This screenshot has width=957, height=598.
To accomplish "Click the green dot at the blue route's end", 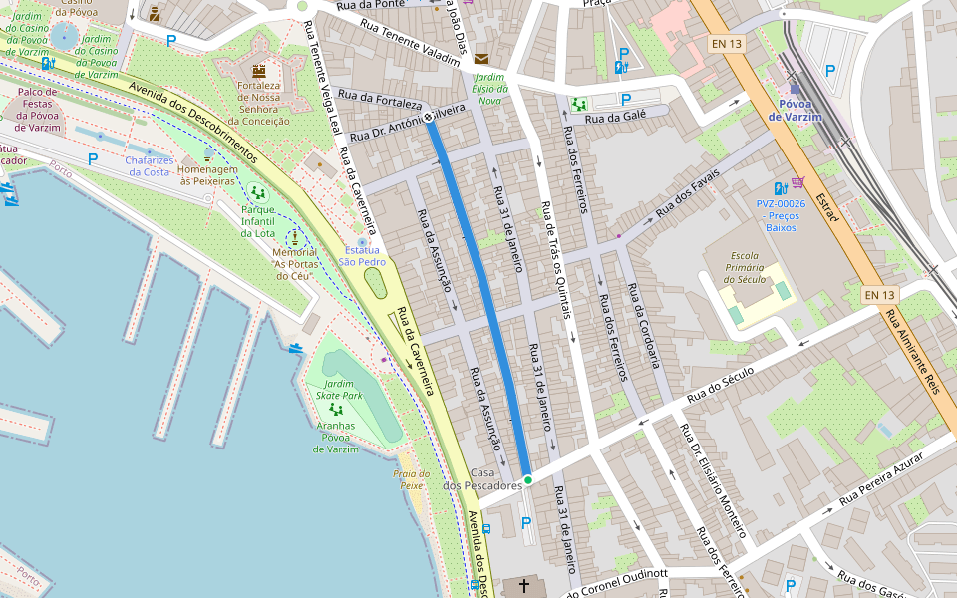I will (x=528, y=480).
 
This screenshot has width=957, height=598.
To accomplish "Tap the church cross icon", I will (x=524, y=586).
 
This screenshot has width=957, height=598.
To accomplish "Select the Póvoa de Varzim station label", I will (x=795, y=110).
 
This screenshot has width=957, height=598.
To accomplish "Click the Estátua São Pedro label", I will (x=362, y=256).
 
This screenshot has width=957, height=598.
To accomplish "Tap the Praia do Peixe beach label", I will (x=410, y=479).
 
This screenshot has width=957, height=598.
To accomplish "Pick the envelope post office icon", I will (x=482, y=59).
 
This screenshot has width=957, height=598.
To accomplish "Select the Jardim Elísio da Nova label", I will (x=488, y=88).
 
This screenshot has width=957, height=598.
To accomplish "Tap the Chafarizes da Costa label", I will (x=148, y=166).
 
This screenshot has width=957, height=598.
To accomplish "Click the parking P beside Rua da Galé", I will (x=626, y=99).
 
